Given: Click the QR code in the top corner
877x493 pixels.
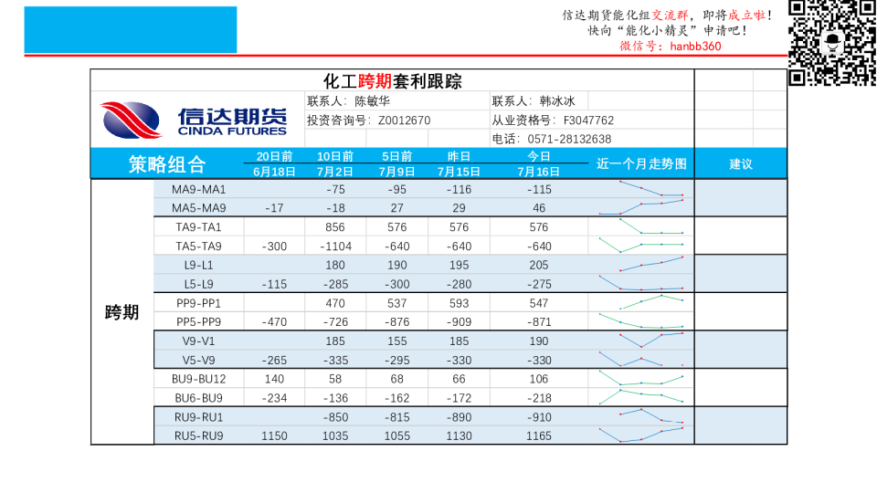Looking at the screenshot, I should (831, 42).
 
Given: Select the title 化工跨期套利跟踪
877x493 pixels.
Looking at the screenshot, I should (393, 81).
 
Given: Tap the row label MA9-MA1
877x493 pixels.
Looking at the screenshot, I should (199, 189).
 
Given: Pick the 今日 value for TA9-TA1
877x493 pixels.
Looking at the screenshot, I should (539, 227).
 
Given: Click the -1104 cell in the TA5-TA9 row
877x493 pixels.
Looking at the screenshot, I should (335, 246).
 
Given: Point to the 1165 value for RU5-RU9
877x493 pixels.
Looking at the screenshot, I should (539, 436).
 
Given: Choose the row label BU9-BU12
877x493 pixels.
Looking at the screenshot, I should (199, 379).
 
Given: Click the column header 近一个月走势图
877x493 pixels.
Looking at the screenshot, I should (641, 164).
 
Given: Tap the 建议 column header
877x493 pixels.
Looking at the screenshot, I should (741, 164).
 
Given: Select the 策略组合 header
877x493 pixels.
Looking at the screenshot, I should (167, 164).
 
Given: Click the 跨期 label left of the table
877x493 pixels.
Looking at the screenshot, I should (122, 312).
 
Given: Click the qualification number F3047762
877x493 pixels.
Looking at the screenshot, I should (588, 120).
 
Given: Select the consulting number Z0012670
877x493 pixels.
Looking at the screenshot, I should (404, 120).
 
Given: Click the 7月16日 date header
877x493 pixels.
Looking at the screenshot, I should (539, 172).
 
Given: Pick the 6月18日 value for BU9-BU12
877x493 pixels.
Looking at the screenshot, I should (274, 379).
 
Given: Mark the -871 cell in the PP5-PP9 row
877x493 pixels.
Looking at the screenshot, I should (539, 322).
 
